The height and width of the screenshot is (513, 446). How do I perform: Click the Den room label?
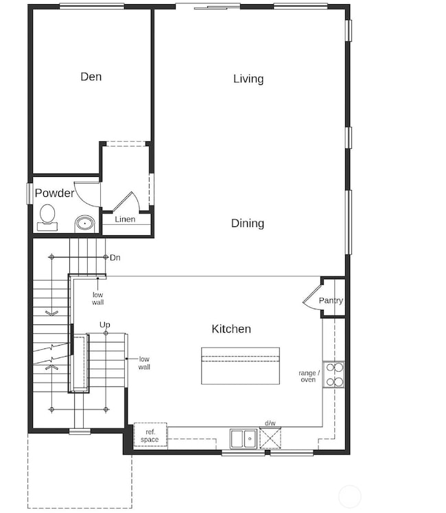(x=91, y=77)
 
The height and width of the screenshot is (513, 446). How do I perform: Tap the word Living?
(x=248, y=79)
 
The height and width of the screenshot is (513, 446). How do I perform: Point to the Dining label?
(x=248, y=224)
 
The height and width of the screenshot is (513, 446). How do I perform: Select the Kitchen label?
(x=231, y=329)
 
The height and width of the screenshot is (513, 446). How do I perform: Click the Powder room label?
(x=54, y=193)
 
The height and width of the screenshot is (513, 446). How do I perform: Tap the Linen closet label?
(x=125, y=219)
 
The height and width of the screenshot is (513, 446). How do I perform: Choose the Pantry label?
(x=331, y=300)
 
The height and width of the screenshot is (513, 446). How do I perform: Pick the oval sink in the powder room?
(x=85, y=222)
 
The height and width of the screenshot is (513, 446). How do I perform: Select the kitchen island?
(x=240, y=366)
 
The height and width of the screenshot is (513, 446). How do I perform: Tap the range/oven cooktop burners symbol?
(x=333, y=374)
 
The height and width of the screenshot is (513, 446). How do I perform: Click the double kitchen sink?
(x=243, y=438)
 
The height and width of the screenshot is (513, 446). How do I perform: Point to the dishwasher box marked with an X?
(x=270, y=437)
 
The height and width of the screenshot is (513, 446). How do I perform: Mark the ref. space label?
(x=150, y=436)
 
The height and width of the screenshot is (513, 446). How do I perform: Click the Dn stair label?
(x=115, y=257)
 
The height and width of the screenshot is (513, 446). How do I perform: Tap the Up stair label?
(x=105, y=324)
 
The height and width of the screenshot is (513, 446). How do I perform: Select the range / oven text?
(x=308, y=376)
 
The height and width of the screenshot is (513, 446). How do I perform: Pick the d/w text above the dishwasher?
(x=270, y=424)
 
